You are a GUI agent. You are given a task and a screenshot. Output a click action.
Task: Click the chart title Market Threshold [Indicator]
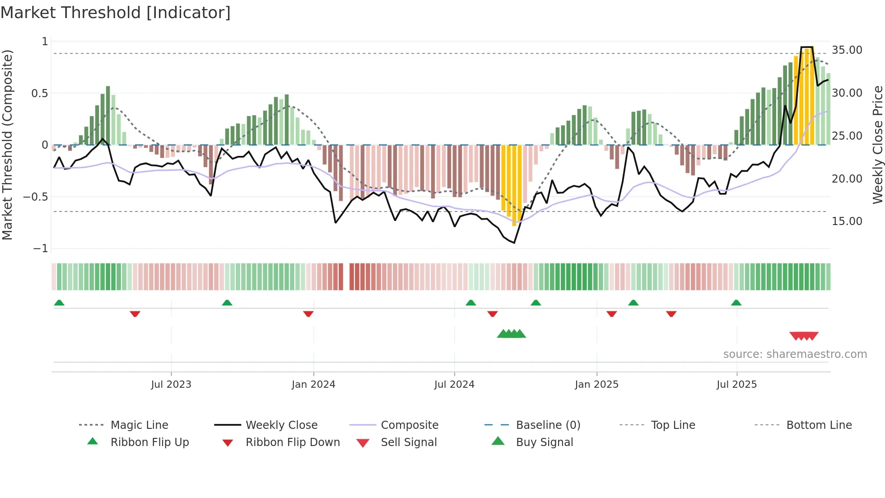[116, 13]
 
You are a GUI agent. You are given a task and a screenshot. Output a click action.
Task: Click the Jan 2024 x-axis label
[313, 385]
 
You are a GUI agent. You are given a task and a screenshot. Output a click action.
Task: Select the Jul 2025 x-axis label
[736, 385]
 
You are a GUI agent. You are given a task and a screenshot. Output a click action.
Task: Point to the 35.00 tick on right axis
[847, 50]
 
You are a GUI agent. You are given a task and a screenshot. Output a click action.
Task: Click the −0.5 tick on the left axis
[36, 197]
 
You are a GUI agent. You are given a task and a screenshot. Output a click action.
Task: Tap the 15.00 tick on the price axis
[847, 221]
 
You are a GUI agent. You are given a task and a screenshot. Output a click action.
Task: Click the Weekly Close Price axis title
[877, 145]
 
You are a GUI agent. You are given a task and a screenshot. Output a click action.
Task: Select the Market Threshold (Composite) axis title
[7, 145]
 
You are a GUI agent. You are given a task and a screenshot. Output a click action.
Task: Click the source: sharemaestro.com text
[795, 354]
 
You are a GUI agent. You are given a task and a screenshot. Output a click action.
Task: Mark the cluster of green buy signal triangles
[511, 334]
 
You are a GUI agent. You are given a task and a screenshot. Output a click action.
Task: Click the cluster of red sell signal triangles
[804, 336]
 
